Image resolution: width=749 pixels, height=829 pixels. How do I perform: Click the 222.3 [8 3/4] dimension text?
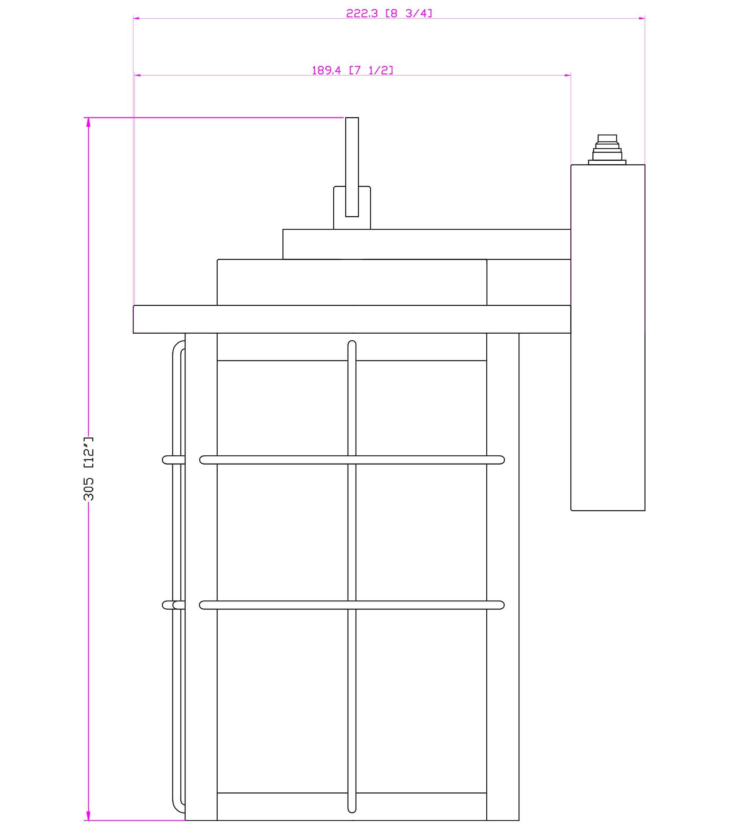pos(389,14)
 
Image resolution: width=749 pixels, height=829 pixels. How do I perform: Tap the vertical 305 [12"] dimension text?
pos(88,468)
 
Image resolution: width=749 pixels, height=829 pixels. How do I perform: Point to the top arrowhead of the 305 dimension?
pos(88,122)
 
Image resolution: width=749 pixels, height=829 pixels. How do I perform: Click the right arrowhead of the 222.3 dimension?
pos(641,18)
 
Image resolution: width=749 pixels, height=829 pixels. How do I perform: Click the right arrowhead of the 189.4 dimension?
pos(567,75)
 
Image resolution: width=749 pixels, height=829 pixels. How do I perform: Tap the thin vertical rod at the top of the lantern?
pos(352,165)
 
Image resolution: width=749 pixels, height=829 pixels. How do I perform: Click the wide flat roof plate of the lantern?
pos(351,319)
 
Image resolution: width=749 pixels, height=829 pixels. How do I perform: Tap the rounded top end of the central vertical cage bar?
pos(352,343)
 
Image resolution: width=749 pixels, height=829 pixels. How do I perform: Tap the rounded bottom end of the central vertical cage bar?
pos(352,810)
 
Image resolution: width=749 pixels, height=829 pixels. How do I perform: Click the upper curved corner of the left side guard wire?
pos(177,347)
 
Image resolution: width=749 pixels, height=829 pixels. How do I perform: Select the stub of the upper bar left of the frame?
pos(172,460)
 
